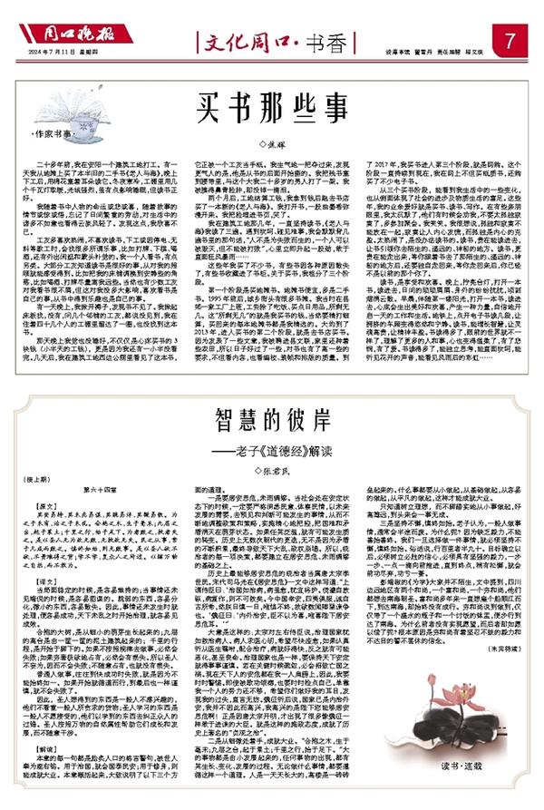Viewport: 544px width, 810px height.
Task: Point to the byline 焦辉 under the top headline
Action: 272,142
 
